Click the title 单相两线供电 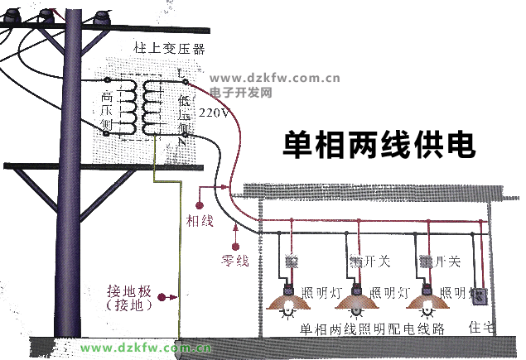point(379,143)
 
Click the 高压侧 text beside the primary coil point(105,110)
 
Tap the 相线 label point(200,221)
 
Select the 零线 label point(235,260)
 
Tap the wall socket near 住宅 point(479,297)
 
